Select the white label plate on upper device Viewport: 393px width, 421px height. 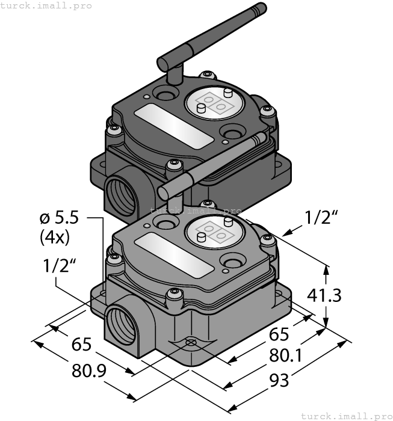[174, 125]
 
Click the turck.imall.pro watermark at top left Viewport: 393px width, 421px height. [46, 5]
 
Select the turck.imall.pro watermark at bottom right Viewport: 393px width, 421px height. [346, 416]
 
